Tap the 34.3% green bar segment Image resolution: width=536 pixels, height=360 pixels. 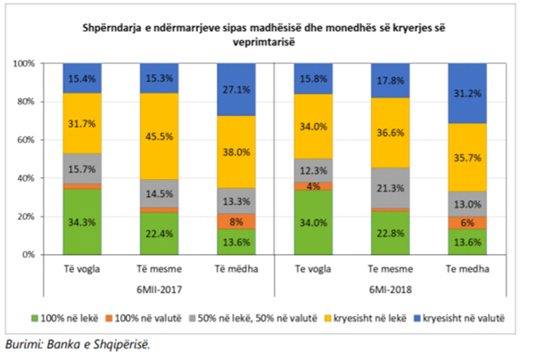click(x=81, y=222)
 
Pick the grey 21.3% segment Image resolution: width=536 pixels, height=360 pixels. click(x=396, y=187)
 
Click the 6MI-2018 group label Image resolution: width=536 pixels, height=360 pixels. click(x=396, y=285)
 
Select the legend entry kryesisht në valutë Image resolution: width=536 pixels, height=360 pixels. click(x=459, y=316)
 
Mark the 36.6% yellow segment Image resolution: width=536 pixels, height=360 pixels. click(x=396, y=132)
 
